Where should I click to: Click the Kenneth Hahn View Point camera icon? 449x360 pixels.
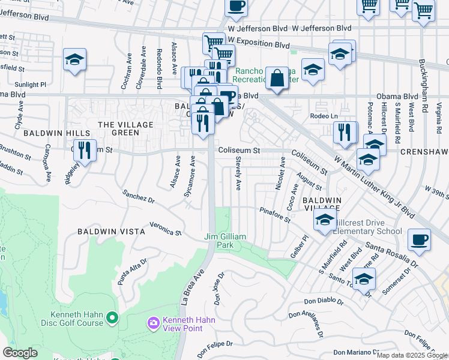click(154, 323)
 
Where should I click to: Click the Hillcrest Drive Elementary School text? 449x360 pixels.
click(366, 226)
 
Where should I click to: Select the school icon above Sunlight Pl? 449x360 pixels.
click(74, 60)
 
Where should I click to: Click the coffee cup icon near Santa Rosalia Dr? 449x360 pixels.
click(419, 240)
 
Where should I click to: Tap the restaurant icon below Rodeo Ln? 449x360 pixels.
click(345, 133)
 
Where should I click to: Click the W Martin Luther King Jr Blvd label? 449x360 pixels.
click(374, 187)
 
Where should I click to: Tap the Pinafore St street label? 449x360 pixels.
click(275, 215)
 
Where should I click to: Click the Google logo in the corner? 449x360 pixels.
click(20, 353)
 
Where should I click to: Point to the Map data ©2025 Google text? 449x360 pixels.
click(412, 355)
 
